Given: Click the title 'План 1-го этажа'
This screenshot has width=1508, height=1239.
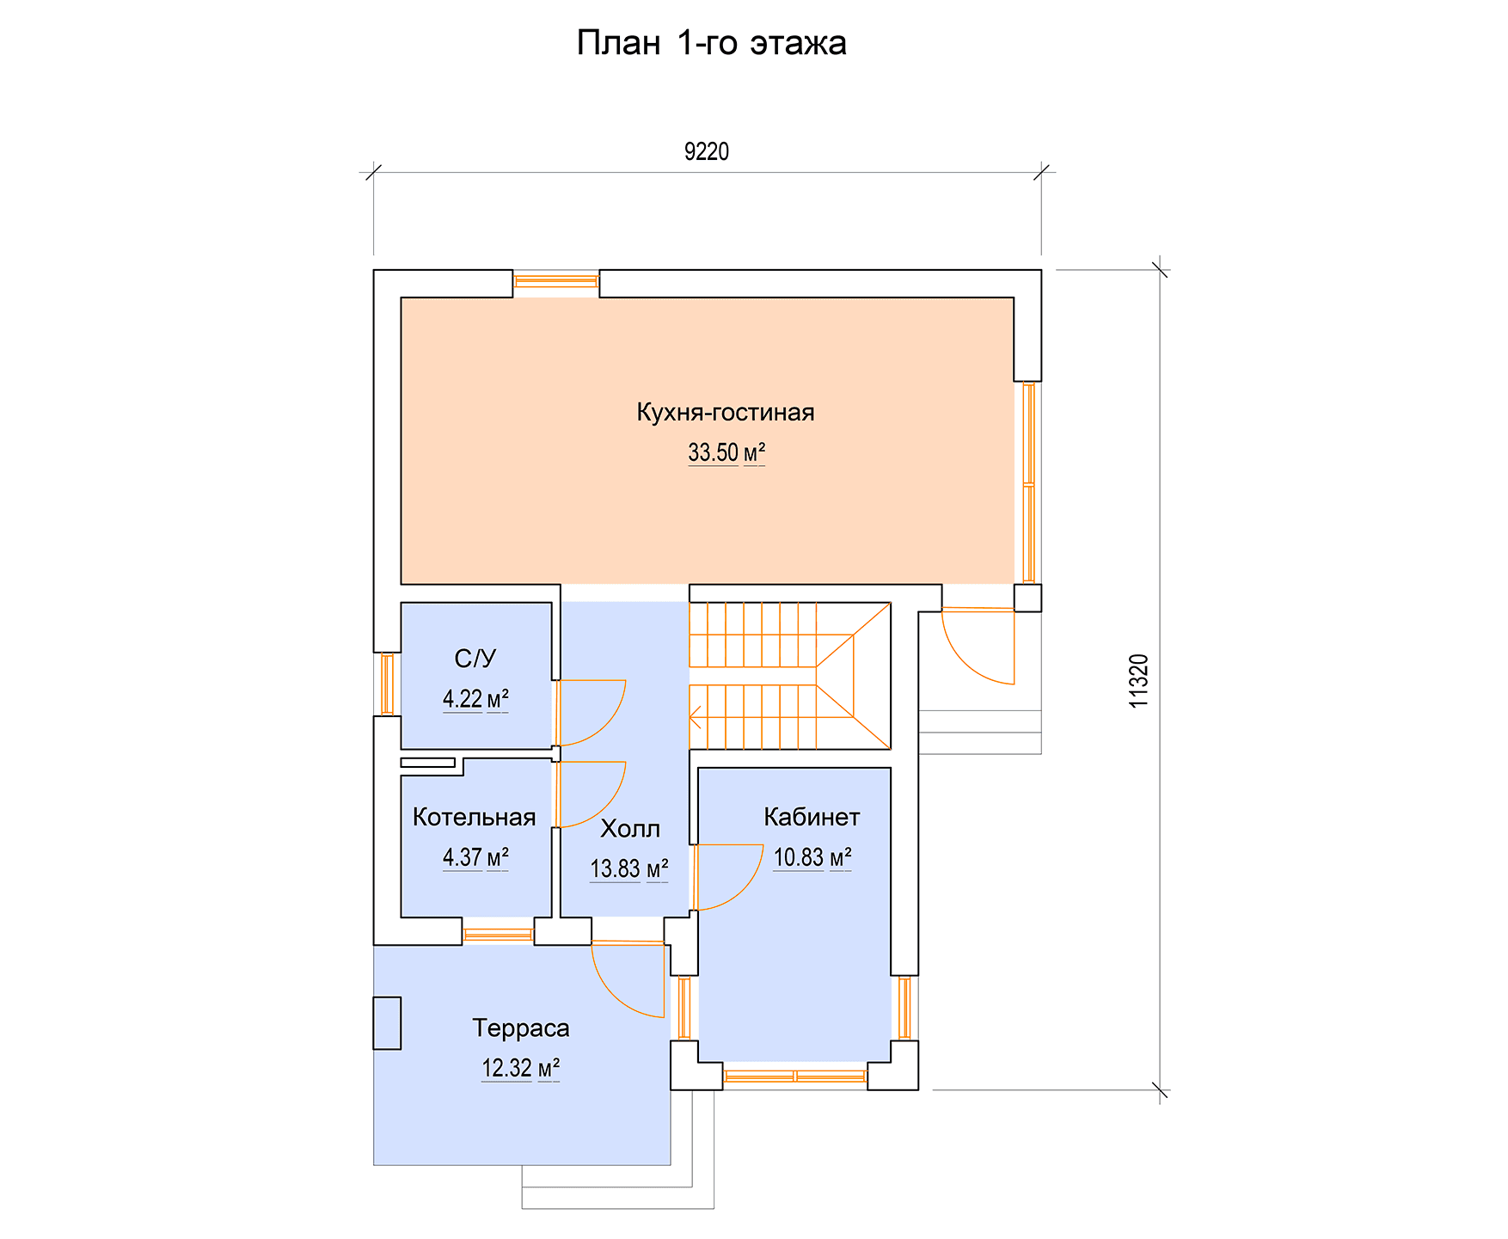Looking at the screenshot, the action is pyautogui.click(x=711, y=43).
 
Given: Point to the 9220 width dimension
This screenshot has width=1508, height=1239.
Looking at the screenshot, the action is pyautogui.click(x=707, y=151).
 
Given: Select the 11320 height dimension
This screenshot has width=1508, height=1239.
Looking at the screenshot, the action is pyautogui.click(x=1138, y=681).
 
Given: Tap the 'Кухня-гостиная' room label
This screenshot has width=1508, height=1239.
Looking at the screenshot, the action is pyautogui.click(x=726, y=412).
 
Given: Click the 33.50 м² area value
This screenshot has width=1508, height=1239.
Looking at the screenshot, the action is pyautogui.click(x=726, y=452).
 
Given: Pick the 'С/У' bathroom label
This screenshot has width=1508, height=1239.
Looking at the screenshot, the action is pyautogui.click(x=475, y=659).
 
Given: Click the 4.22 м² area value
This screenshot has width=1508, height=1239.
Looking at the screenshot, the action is pyautogui.click(x=475, y=699).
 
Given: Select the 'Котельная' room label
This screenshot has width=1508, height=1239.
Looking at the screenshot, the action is pyautogui.click(x=475, y=817).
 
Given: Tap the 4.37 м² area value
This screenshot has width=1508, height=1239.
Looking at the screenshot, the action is pyautogui.click(x=475, y=857).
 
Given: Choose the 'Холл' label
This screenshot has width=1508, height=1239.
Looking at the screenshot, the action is pyautogui.click(x=630, y=829).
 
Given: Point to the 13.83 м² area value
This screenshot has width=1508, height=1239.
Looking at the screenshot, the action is pyautogui.click(x=629, y=869).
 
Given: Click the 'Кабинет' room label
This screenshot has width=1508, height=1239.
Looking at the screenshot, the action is pyautogui.click(x=812, y=817).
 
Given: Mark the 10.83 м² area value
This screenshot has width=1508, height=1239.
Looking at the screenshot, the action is pyautogui.click(x=812, y=857).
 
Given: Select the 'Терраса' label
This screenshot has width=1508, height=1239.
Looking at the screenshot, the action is pyautogui.click(x=521, y=1028).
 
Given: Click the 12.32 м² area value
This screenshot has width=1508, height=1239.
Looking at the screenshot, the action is pyautogui.click(x=521, y=1069).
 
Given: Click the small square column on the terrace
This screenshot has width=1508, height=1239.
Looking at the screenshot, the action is pyautogui.click(x=387, y=1023).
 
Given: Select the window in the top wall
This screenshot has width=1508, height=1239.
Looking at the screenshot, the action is pyautogui.click(x=556, y=280).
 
